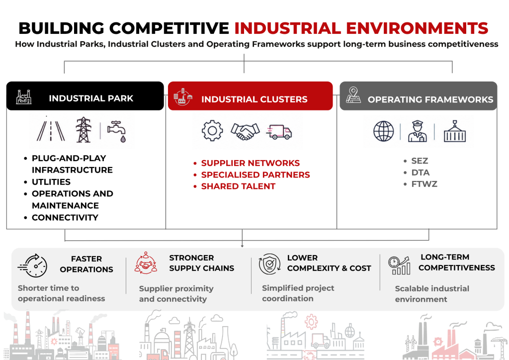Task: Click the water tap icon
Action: pos(117,131)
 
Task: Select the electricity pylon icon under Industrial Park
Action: pos(84,130)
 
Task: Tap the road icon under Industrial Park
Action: pos(51,130)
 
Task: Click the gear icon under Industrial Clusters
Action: pos(212,131)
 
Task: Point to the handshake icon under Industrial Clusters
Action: pos(245,131)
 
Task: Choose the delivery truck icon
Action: pos(279,132)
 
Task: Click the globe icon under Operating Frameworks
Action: pos(383,131)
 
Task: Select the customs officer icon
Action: pos(417,131)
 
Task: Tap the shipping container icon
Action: pos(454,131)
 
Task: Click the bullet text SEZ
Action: pos(420,161)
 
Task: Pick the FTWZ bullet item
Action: pos(424,184)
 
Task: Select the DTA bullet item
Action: pos(421,173)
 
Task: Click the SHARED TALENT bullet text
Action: pos(238,186)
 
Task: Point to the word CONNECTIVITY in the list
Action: pos(65,217)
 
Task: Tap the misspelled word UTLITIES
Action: pos(51,182)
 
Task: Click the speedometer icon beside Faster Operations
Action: pos(32,266)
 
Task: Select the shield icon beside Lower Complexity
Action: pos(269,264)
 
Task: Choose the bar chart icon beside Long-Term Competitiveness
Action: pos(399,265)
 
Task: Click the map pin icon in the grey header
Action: pos(353,95)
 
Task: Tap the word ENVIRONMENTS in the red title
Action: pos(417,28)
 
